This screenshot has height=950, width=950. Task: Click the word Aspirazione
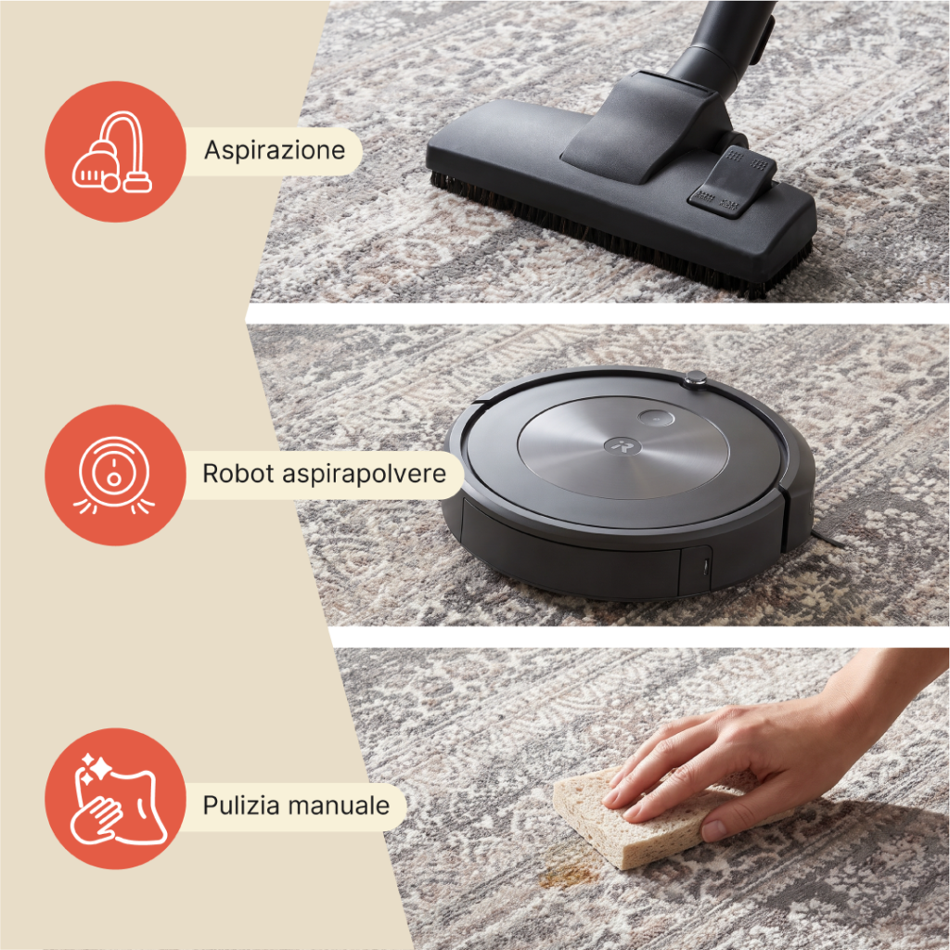pos(275,150)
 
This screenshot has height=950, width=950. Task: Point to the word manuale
pos(339,806)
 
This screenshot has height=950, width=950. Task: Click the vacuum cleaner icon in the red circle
pos(112,152)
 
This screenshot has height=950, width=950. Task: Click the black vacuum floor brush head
pos(621,182)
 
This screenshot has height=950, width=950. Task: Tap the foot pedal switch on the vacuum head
pos(732,182)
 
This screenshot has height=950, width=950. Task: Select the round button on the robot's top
pos(656,417)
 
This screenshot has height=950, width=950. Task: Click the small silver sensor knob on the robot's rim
pos(694,379)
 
